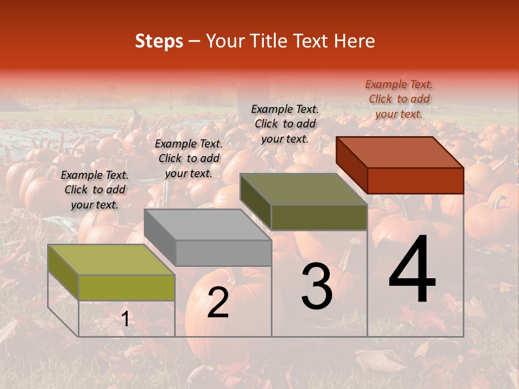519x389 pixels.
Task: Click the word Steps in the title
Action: (159, 41)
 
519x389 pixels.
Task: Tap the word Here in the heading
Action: (354, 41)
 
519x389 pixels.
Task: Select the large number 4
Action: (412, 270)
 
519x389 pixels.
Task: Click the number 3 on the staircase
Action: (317, 287)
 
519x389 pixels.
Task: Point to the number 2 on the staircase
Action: (218, 302)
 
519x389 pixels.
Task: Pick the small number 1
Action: (125, 319)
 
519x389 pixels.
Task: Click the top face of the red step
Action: (400, 152)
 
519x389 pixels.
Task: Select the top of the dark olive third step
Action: (304, 189)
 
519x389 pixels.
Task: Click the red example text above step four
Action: (399, 99)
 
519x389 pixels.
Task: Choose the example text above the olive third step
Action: (285, 124)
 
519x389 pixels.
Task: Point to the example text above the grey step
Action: (189, 158)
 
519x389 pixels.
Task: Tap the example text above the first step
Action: (95, 190)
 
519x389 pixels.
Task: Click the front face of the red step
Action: (415, 180)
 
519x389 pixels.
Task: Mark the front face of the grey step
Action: (223, 253)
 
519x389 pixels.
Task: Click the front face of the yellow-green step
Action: (127, 287)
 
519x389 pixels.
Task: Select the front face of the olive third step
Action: (319, 217)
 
